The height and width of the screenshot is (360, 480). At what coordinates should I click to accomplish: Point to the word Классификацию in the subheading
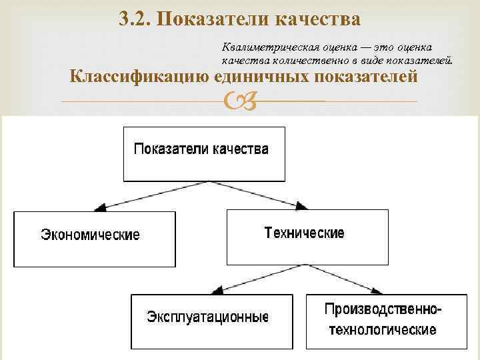point(140,77)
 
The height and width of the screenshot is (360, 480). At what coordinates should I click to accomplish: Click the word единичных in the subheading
point(265,77)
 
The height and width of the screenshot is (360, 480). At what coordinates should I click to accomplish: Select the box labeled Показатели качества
point(202,153)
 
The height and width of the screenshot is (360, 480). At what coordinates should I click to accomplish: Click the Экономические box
point(94,239)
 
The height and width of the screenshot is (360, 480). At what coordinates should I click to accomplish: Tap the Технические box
point(307,237)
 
